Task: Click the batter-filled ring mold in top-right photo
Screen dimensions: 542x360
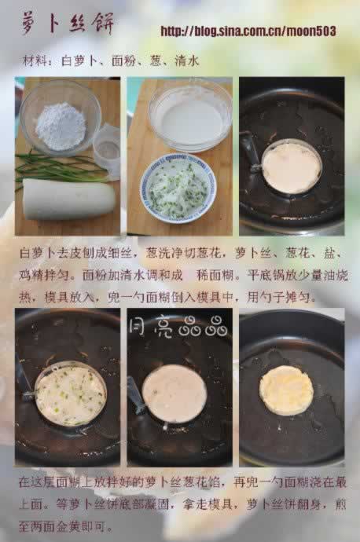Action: coord(290,167)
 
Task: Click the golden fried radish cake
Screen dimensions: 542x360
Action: coord(286,390)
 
